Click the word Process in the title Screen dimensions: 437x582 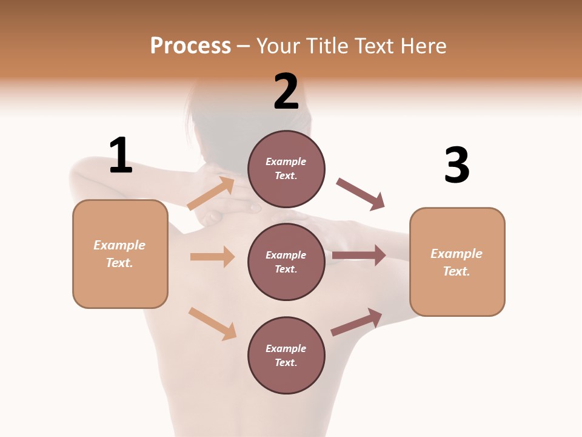tap(190, 46)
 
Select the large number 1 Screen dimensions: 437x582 tap(121, 155)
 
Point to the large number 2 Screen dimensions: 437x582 tap(286, 92)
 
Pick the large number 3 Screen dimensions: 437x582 tap(457, 166)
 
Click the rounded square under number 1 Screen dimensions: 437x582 tap(120, 254)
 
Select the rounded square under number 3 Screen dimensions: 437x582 tap(457, 262)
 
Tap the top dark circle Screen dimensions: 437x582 tap(286, 169)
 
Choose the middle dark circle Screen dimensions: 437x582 tap(286, 262)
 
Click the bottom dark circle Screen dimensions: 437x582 tap(286, 355)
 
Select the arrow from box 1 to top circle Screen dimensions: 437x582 tap(211, 193)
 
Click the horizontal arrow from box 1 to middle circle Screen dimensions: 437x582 tap(212, 257)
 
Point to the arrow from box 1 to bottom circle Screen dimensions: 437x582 tap(212, 324)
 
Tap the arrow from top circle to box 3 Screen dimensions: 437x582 tap(361, 194)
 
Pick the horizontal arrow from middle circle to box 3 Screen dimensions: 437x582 tap(359, 256)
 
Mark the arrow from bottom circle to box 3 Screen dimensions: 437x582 tap(356, 322)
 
